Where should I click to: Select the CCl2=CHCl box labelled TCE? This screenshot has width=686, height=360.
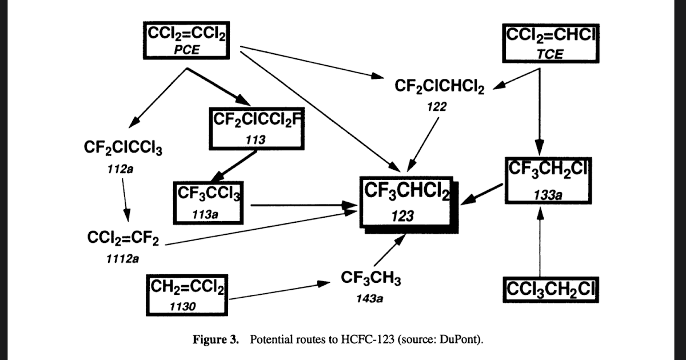(x=549, y=43)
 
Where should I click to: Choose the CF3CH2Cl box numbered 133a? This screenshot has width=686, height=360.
(x=548, y=181)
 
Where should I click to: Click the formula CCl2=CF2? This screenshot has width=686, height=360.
(x=123, y=238)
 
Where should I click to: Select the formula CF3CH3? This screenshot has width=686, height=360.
(x=370, y=279)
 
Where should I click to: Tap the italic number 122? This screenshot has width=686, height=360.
(x=436, y=106)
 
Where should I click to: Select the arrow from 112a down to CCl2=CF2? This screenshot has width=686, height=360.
(x=126, y=200)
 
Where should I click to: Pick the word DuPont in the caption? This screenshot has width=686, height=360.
(x=460, y=340)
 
